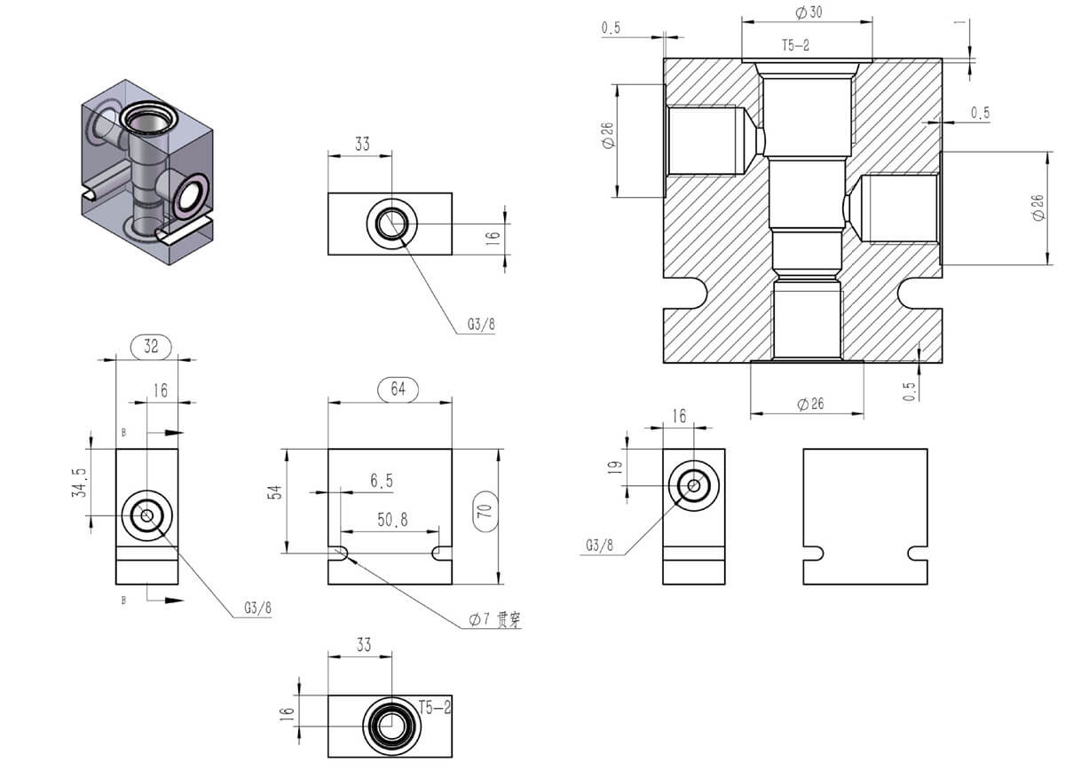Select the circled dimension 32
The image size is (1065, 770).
[151, 346]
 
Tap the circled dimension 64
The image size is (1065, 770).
[397, 389]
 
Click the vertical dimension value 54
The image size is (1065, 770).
[276, 493]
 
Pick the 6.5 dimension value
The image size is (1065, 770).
[382, 481]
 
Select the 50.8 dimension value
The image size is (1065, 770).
[392, 521]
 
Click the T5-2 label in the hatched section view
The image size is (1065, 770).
[795, 44]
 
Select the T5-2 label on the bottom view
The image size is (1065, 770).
[435, 706]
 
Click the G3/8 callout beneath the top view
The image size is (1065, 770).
[481, 325]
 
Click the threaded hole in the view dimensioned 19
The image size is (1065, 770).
[693, 485]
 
